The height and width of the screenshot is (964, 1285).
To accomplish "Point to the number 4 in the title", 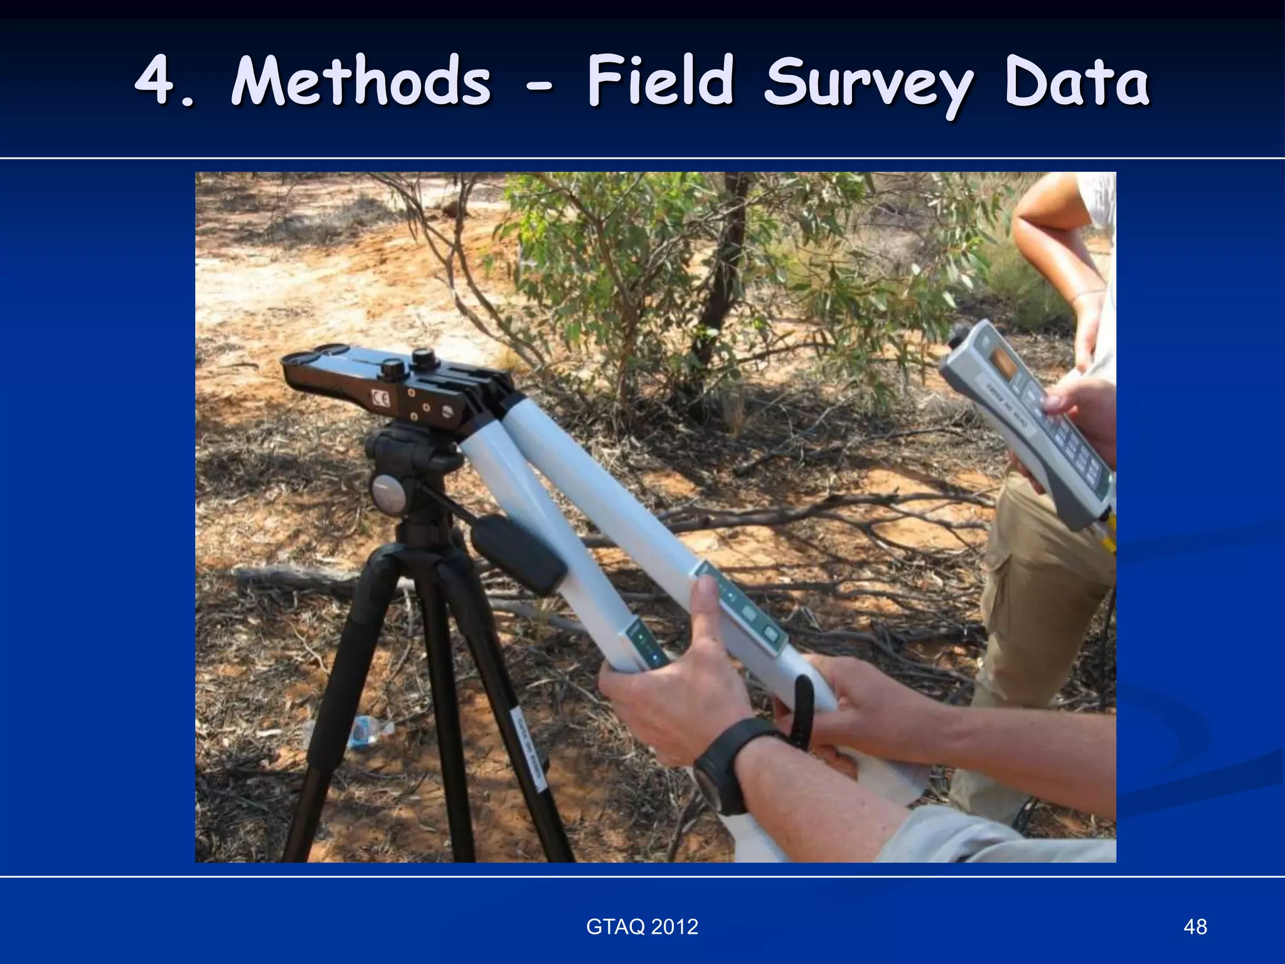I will (x=156, y=82).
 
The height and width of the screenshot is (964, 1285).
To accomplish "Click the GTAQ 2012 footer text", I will (x=642, y=926).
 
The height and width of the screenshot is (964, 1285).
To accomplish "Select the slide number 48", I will (x=1195, y=926).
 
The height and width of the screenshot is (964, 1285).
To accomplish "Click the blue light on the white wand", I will (x=654, y=656).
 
